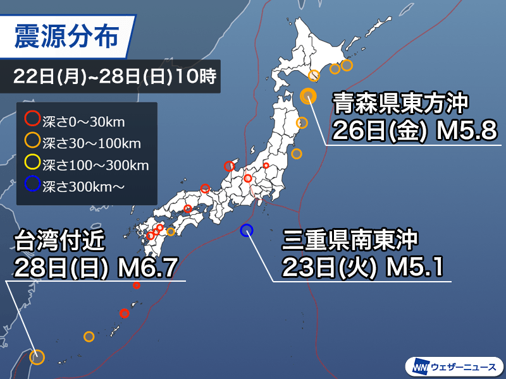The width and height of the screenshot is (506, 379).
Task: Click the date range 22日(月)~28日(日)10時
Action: pyautogui.click(x=114, y=79)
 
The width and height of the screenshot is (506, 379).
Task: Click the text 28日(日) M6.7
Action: pyautogui.click(x=98, y=268)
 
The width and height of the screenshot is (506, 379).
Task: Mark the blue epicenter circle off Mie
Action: pyautogui.click(x=247, y=230)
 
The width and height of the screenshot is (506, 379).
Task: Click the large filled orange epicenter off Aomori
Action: pyautogui.click(x=308, y=95)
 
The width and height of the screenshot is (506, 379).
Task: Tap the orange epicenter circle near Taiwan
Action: pyautogui.click(x=37, y=358)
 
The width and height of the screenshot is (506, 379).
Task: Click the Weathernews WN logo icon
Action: pyautogui.click(x=420, y=366)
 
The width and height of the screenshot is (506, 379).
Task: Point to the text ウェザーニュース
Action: pyautogui.click(x=464, y=366)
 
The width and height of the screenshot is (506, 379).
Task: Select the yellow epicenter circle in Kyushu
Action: pyautogui.click(x=171, y=232)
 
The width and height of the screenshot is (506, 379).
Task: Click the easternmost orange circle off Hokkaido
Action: pyautogui.click(x=347, y=64)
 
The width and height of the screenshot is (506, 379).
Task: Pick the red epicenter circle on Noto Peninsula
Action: pyautogui.click(x=229, y=167)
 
